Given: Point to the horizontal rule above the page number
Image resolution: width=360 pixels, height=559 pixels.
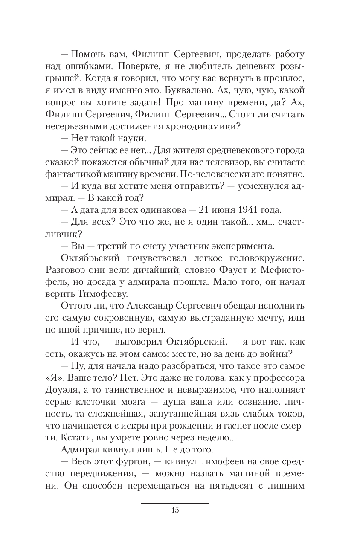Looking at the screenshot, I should click(175, 503).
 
